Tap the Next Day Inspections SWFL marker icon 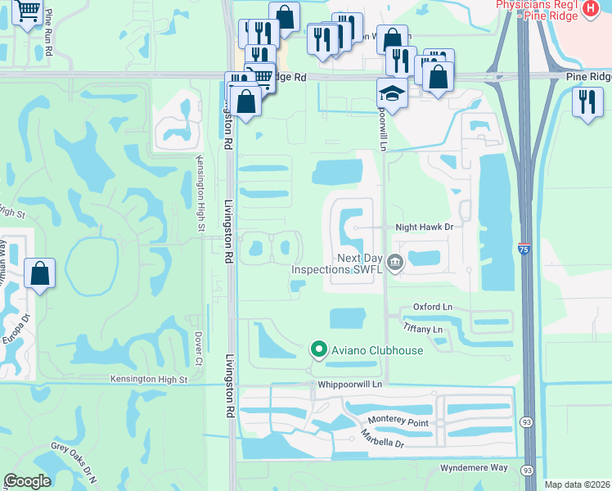(396, 263)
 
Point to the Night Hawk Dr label (424, 227)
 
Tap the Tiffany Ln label (423, 329)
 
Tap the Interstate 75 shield (523, 248)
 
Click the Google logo (28, 481)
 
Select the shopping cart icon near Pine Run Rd (28, 12)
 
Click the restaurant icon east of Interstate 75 (587, 102)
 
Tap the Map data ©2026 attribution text (577, 484)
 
